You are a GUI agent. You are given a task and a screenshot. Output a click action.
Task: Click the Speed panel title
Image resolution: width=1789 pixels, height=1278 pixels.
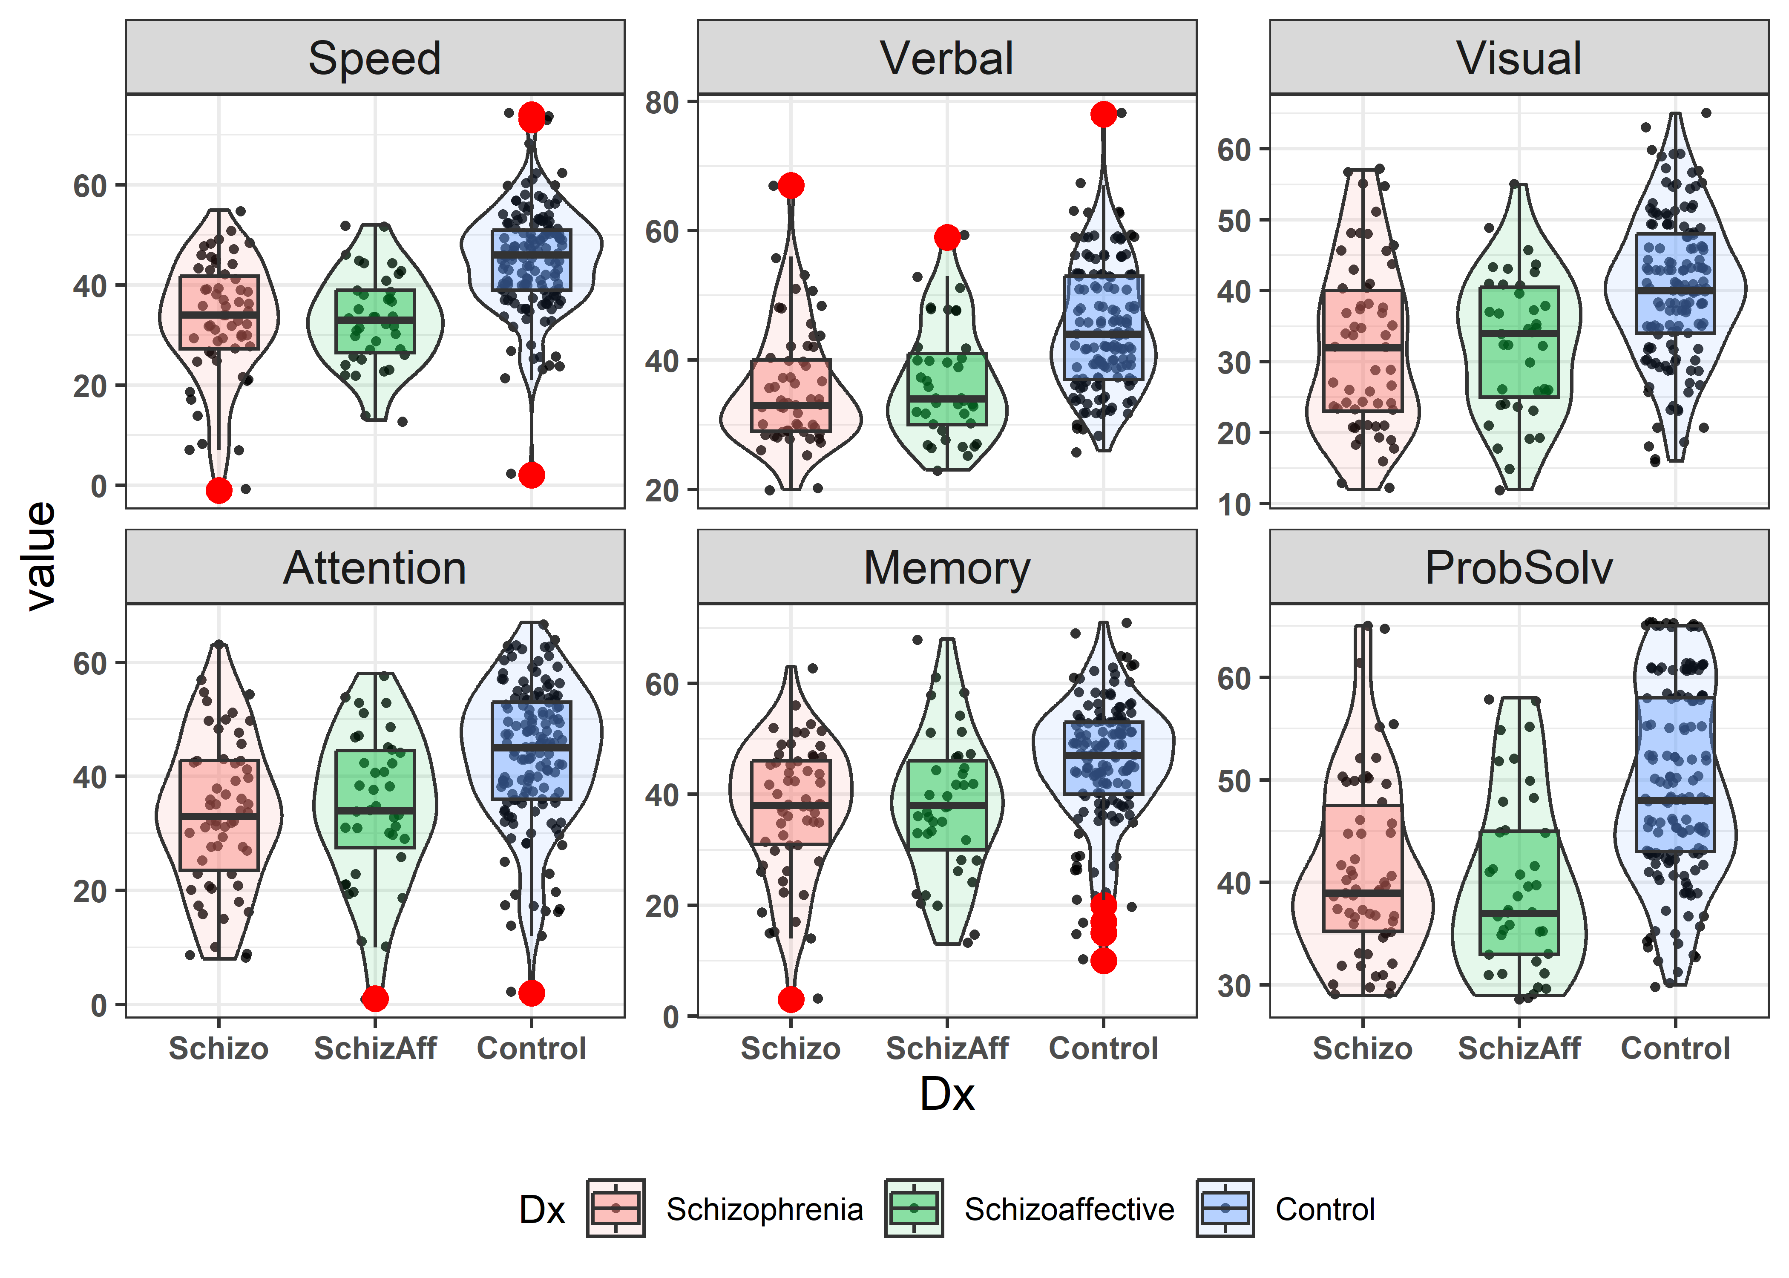[374, 58]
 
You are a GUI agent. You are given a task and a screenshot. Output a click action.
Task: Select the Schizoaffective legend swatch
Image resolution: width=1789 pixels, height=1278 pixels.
[913, 1208]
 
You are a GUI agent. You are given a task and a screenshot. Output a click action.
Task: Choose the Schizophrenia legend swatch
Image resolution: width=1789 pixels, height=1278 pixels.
[616, 1208]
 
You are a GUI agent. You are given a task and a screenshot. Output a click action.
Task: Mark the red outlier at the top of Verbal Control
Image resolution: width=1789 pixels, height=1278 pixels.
[1103, 114]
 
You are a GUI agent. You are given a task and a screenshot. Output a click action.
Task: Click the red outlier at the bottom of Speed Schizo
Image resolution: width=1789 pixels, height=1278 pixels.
[219, 490]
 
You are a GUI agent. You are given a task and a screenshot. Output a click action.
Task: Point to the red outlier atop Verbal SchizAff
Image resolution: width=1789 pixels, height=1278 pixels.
[947, 237]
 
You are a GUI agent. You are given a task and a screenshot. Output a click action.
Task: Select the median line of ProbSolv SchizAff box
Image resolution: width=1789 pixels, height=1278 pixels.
[1519, 913]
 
